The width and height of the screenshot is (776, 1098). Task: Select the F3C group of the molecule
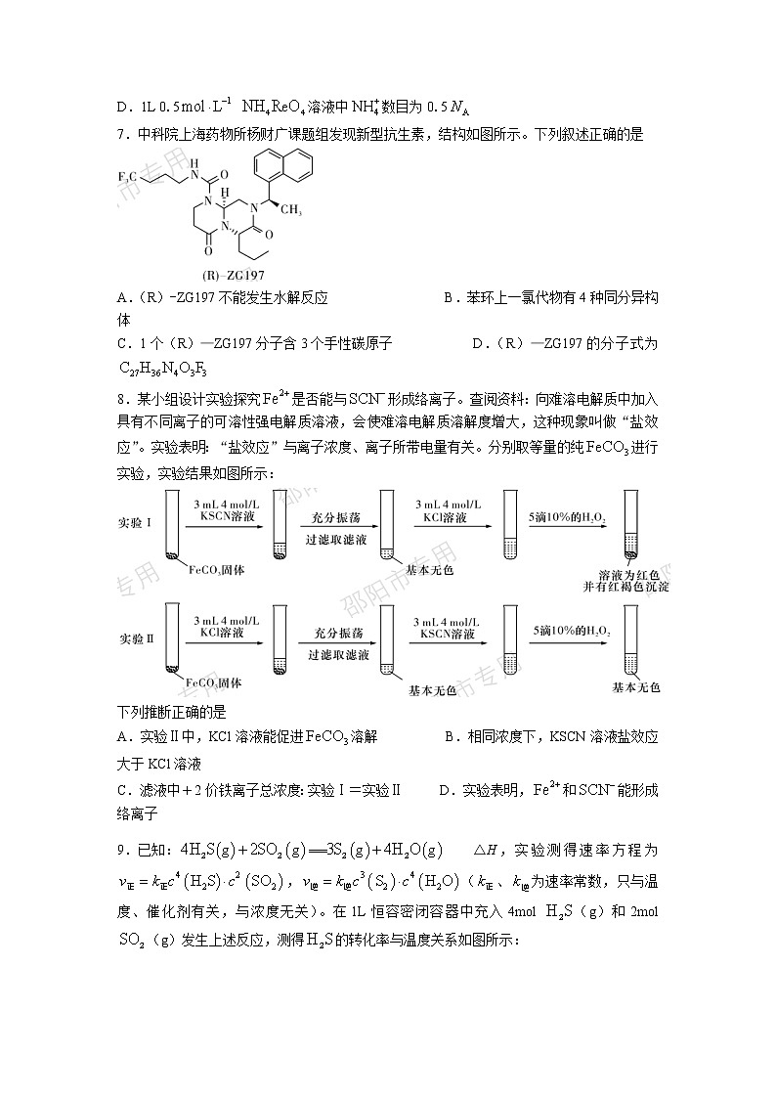pos(129,176)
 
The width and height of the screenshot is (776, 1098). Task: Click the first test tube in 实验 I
pos(173,527)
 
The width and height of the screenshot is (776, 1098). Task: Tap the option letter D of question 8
pos(445,790)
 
